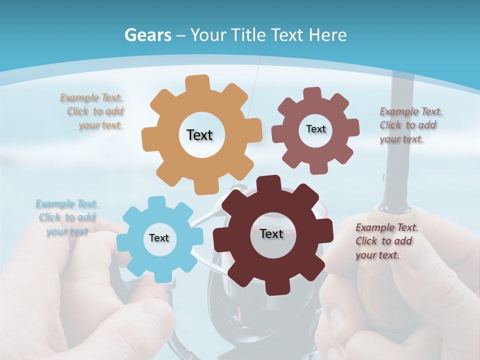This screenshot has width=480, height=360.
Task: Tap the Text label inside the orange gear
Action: click(x=199, y=135)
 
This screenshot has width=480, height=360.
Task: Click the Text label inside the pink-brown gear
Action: click(x=315, y=129)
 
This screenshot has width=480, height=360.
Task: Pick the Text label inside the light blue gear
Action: click(x=159, y=238)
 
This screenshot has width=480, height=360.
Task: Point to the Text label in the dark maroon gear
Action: click(x=271, y=233)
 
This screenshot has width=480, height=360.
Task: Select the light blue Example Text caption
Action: click(x=67, y=217)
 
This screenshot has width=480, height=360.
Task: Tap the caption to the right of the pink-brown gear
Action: click(x=410, y=125)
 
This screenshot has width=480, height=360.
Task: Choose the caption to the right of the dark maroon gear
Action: click(x=386, y=241)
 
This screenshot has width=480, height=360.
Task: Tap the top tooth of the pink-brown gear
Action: click(x=312, y=93)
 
